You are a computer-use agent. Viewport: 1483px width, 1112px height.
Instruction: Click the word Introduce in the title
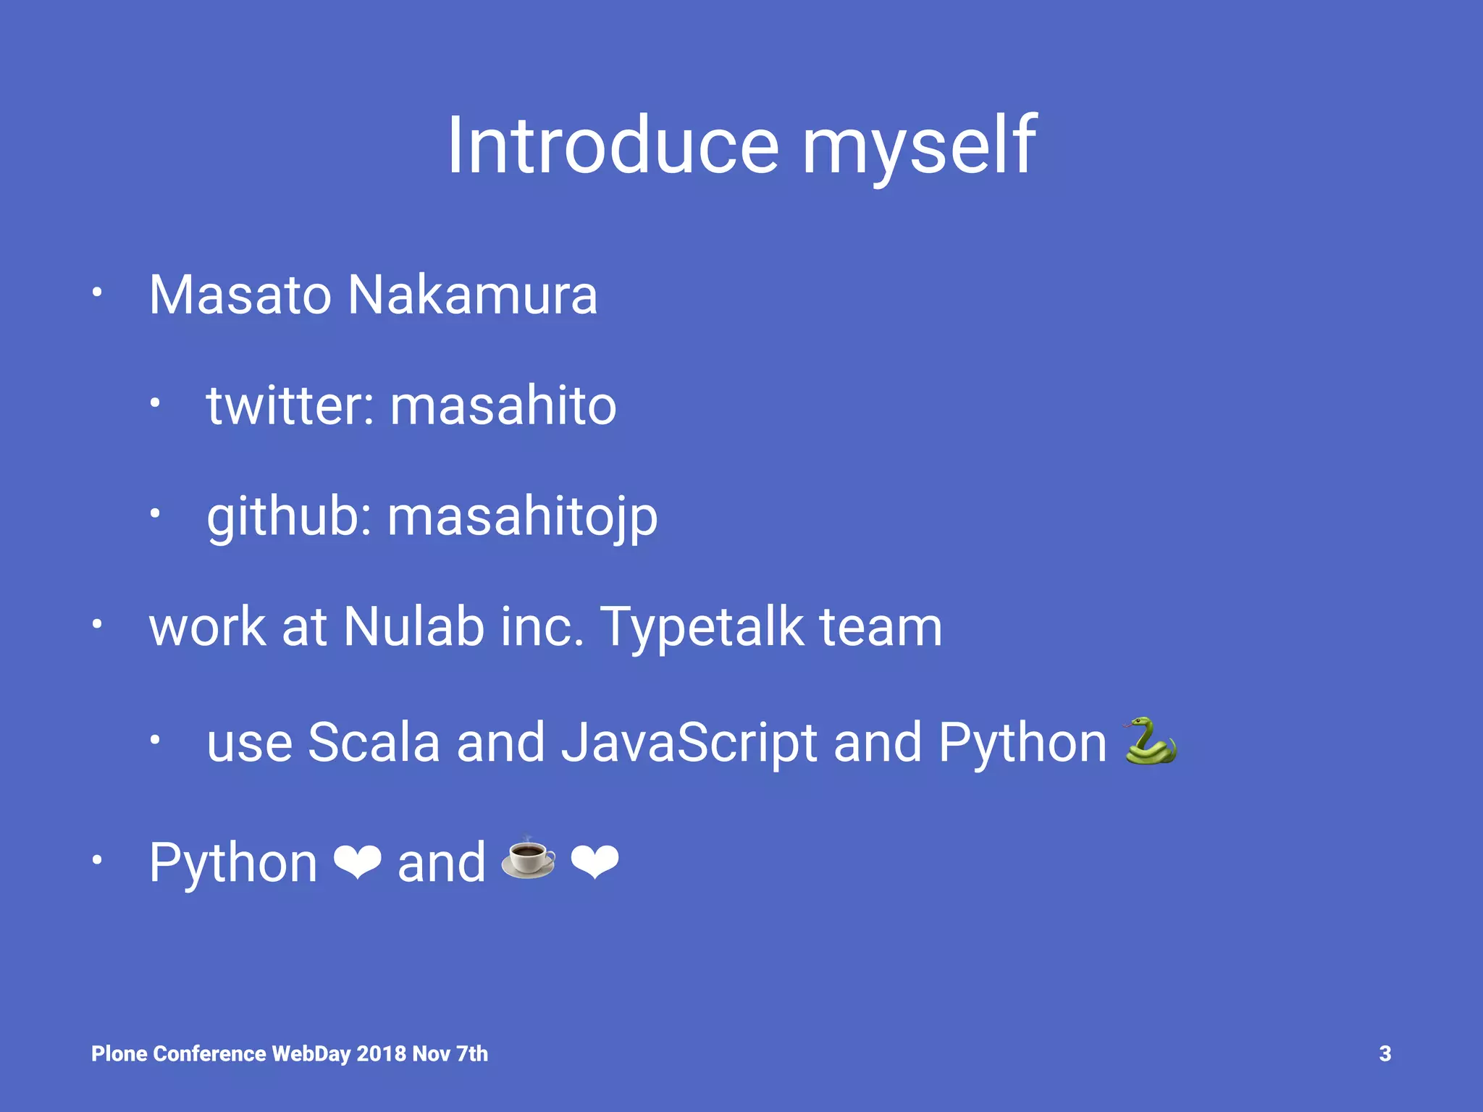613,146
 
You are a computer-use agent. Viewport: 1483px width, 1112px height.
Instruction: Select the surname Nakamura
472,295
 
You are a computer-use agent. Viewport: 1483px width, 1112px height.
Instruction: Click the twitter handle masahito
503,405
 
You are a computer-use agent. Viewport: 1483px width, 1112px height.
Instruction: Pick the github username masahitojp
522,518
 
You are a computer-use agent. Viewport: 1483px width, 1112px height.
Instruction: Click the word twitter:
290,405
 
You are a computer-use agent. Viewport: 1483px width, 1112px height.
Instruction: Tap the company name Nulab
413,627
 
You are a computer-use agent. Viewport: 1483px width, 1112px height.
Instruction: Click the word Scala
374,743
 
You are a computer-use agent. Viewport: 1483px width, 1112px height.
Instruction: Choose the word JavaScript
689,744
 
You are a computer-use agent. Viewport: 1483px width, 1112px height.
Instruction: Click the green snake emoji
1150,741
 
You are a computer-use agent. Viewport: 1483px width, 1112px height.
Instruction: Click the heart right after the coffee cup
595,862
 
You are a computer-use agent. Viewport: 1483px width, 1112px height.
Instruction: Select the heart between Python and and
357,862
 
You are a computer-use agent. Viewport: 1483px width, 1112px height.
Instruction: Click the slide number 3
1385,1053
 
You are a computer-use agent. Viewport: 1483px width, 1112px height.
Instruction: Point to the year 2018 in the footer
381,1053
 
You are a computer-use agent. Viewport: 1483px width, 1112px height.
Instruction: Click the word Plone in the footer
119,1053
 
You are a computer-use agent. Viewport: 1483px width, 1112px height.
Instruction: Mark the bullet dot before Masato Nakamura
97,293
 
